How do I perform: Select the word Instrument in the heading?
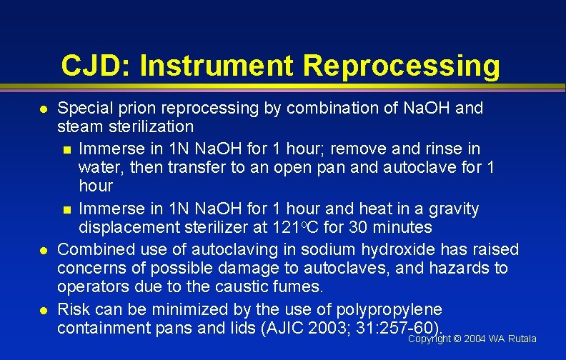tap(217, 66)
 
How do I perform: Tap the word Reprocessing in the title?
tap(402, 66)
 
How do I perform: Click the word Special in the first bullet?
tap(81, 109)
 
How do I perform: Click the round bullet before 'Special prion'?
tap(43, 109)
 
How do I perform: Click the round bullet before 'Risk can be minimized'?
tap(43, 311)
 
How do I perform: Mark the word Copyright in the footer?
tap(429, 339)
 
